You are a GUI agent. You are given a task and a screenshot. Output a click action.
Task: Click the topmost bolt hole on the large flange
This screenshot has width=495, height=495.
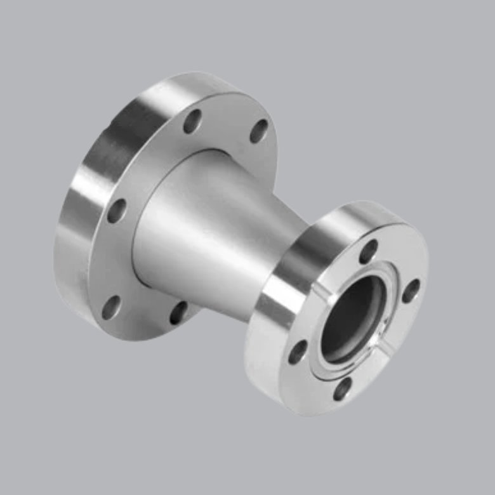[192, 121]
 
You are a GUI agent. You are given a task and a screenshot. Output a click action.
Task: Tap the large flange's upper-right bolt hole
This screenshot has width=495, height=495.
[258, 131]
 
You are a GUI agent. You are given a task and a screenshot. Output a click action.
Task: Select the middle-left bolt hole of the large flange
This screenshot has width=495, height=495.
[116, 210]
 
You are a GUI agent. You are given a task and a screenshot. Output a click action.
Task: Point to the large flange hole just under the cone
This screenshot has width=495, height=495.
[180, 313]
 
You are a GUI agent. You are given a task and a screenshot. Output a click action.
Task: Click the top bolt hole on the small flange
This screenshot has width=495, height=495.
[369, 251]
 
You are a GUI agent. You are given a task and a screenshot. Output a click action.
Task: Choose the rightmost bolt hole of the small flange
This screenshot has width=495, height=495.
[411, 291]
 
